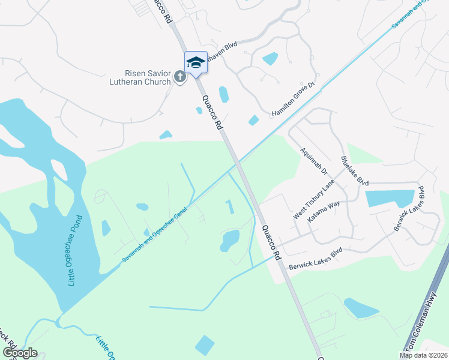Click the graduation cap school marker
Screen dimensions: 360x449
point(196,62)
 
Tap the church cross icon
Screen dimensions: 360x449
point(179,77)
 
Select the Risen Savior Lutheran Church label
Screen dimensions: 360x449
point(139,77)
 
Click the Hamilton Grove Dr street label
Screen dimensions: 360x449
point(294,99)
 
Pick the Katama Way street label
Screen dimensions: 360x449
point(324,213)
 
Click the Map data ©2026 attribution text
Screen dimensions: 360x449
point(423,355)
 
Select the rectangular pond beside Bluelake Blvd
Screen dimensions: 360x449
point(390,199)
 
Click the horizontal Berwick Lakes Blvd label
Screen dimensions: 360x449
point(315,259)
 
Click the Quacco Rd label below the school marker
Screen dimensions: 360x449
point(212,113)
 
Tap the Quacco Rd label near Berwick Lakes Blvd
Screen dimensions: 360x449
point(271,242)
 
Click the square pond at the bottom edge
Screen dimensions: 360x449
point(204,345)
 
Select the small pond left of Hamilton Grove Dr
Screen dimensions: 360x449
point(254,121)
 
